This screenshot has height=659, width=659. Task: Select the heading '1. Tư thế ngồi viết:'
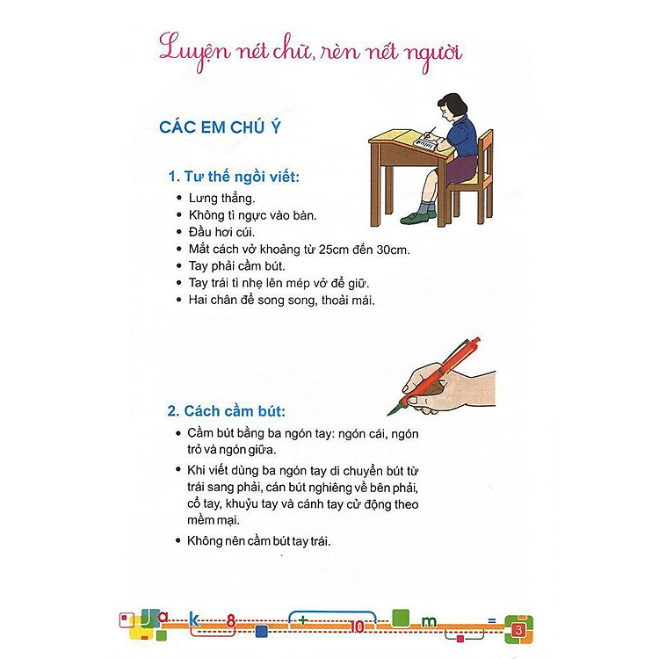[234, 177]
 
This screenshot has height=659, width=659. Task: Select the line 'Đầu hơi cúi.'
[221, 232]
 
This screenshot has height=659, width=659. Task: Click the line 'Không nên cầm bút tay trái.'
[259, 540]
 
